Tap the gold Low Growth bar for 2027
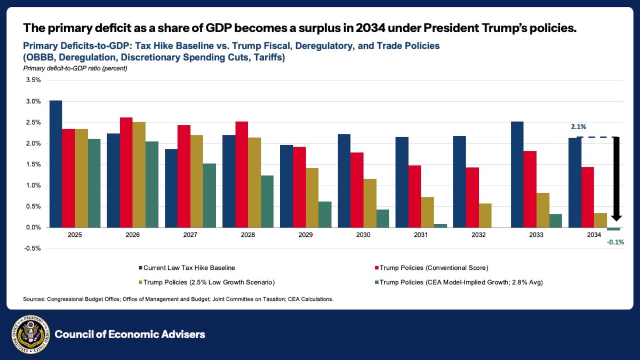click(197, 181)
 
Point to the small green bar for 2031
click(440, 226)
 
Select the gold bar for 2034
click(600, 220)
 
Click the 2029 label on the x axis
click(306, 235)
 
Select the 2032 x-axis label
click(479, 235)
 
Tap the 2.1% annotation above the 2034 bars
click(579, 127)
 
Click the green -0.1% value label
click(615, 242)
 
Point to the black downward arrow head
click(617, 217)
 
